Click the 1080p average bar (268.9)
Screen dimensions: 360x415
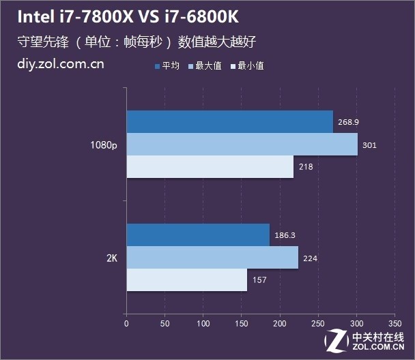[229, 122]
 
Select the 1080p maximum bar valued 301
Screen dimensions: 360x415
[242, 145]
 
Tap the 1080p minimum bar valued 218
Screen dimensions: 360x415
[210, 167]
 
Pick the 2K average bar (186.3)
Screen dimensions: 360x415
[198, 235]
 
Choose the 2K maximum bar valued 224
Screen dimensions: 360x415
[212, 258]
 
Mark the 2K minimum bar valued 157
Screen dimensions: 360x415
[186, 280]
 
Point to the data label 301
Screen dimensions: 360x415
[369, 145]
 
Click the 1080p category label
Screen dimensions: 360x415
[103, 145]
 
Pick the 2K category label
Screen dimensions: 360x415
[112, 258]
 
